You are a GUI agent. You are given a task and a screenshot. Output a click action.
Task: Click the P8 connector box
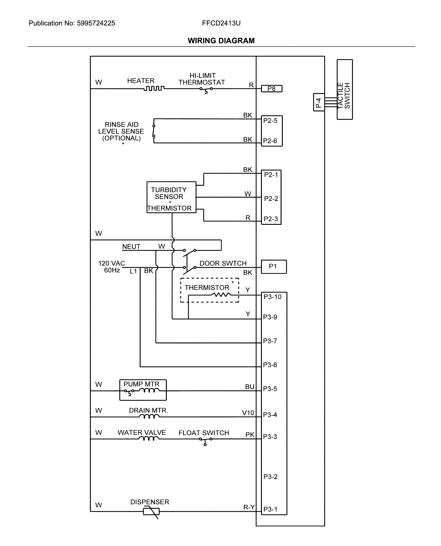272,89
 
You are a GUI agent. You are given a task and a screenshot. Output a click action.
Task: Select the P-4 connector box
319,102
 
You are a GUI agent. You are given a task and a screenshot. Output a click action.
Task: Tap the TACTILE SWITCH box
344,89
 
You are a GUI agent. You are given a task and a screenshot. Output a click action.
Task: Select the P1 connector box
274,266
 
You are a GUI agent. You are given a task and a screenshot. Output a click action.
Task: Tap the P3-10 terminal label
272,297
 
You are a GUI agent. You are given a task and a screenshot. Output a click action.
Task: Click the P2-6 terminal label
270,141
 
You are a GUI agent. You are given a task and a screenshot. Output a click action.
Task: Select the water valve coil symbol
149,439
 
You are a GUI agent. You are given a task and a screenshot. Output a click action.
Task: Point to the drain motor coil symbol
149,416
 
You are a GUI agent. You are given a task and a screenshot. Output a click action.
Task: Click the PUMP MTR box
143,390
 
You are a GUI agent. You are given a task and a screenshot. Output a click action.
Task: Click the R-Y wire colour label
249,507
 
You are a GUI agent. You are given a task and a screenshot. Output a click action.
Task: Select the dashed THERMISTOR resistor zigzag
221,295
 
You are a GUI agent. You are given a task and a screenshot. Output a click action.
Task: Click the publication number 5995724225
96,23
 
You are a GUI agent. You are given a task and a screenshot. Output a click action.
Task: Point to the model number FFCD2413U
221,23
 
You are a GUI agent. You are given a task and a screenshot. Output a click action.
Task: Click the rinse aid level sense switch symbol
154,131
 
